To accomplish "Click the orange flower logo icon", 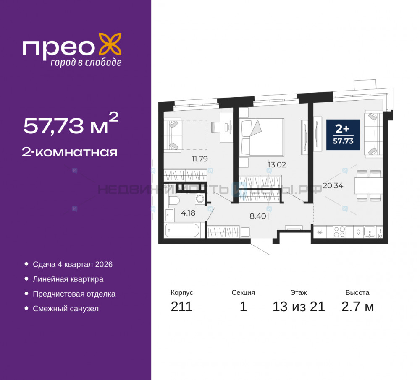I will [110, 44].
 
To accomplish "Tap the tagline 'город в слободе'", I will [86, 62].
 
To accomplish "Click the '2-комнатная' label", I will [70, 152].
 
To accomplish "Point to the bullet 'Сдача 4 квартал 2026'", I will [73, 265].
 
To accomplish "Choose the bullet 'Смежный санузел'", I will [66, 309].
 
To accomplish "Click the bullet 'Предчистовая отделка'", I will [74, 294].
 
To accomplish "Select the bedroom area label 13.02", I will [276, 165].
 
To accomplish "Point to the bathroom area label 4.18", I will [188, 213].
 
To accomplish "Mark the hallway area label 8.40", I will [258, 217].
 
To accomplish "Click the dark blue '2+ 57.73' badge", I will [343, 135].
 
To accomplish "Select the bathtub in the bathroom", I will [182, 230].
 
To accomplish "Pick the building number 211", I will [181, 307].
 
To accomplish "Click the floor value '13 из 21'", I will [299, 307].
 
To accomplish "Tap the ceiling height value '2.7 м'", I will [357, 307].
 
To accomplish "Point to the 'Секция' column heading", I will [243, 293].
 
